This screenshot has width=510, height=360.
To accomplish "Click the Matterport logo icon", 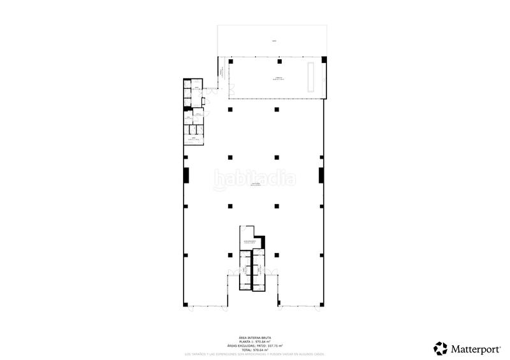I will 441,348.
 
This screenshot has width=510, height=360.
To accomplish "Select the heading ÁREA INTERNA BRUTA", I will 253,337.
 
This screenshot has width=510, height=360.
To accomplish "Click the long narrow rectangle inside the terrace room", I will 312,78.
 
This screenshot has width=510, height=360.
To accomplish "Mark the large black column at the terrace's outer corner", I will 324,61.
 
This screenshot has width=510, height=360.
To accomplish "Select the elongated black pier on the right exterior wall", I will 322,175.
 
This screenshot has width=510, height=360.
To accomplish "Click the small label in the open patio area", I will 274,41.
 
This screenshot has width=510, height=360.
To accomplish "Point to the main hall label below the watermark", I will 255,185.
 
